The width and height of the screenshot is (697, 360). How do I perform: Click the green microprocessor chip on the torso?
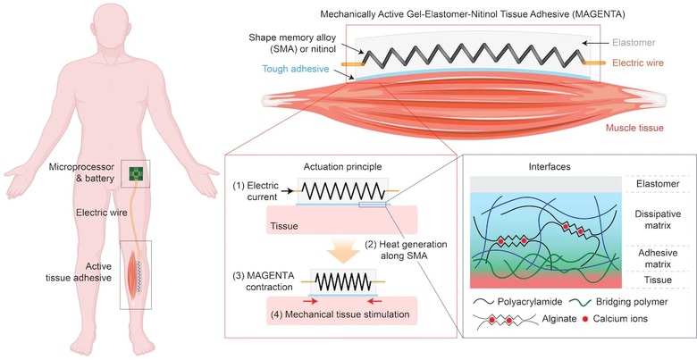pyautogui.click(x=138, y=172)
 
